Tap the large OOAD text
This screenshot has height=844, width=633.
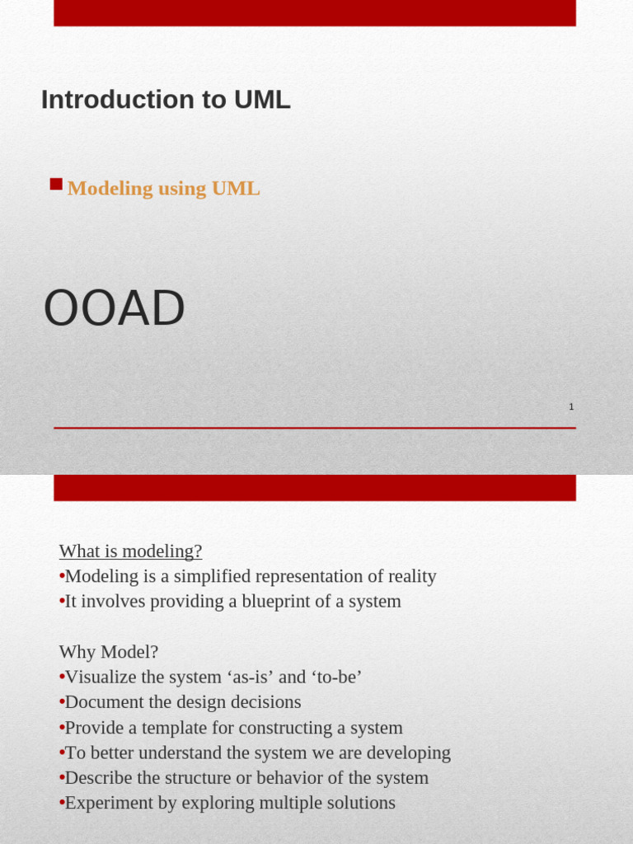tap(114, 308)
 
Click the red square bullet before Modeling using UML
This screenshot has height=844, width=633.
tap(56, 184)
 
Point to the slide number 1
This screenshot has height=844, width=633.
tap(571, 406)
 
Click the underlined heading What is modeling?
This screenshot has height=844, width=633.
tap(130, 551)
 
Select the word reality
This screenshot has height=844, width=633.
tap(407, 576)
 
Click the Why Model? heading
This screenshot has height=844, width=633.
tap(109, 652)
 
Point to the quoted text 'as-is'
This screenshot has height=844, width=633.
tap(247, 678)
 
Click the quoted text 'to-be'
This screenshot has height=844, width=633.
tap(336, 678)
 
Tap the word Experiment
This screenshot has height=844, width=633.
tap(106, 803)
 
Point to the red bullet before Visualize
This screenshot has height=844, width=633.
tap(62, 678)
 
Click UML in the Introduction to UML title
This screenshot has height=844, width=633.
tap(262, 100)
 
